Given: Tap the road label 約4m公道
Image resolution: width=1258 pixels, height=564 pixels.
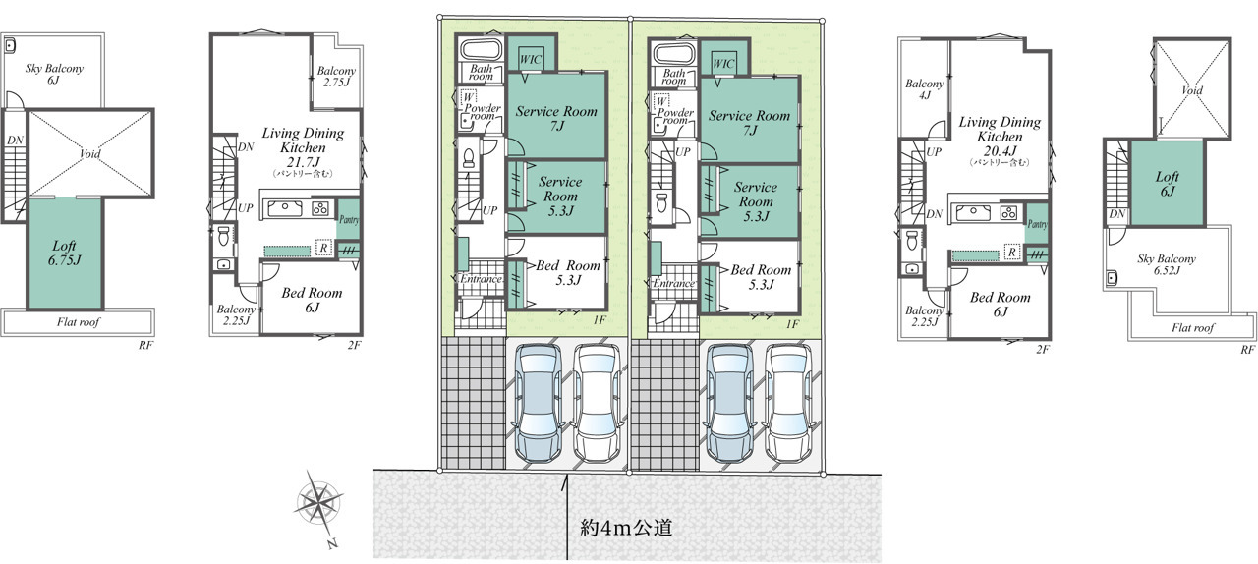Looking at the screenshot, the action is coord(626,528).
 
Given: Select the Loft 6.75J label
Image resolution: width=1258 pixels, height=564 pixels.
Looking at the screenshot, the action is coord(65,253).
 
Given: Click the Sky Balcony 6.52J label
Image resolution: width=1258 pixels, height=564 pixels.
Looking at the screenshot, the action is coord(1167,264).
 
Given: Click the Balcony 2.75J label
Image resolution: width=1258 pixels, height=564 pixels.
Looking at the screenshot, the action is coord(336,77).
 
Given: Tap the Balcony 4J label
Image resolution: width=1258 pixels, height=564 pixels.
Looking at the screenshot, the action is coord(925,89).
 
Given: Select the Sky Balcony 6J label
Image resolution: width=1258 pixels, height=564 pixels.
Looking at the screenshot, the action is coord(54,74).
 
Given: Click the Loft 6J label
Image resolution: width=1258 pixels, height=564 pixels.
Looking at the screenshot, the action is coord(1167,185).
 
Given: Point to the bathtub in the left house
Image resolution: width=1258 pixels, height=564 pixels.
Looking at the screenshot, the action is coord(481,49).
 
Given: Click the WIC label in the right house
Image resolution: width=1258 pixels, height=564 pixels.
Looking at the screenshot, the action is coord(723,64).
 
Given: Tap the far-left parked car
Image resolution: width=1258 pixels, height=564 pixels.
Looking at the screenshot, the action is coord(539,401).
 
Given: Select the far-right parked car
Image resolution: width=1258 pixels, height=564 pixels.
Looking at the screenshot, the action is coord(789,403).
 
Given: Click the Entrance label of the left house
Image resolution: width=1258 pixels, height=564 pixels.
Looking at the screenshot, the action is coord(481,279).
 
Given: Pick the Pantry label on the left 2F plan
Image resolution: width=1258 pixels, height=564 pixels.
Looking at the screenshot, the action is coord(349,220).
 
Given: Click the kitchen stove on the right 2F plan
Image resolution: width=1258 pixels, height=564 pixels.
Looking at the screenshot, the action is coord(1008,213).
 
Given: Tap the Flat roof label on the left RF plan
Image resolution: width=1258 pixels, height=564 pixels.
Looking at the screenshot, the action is coord(78,322).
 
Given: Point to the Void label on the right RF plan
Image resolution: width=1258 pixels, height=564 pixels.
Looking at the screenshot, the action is coord(1192,90).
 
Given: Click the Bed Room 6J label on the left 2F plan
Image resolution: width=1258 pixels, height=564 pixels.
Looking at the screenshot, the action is coord(312,300).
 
